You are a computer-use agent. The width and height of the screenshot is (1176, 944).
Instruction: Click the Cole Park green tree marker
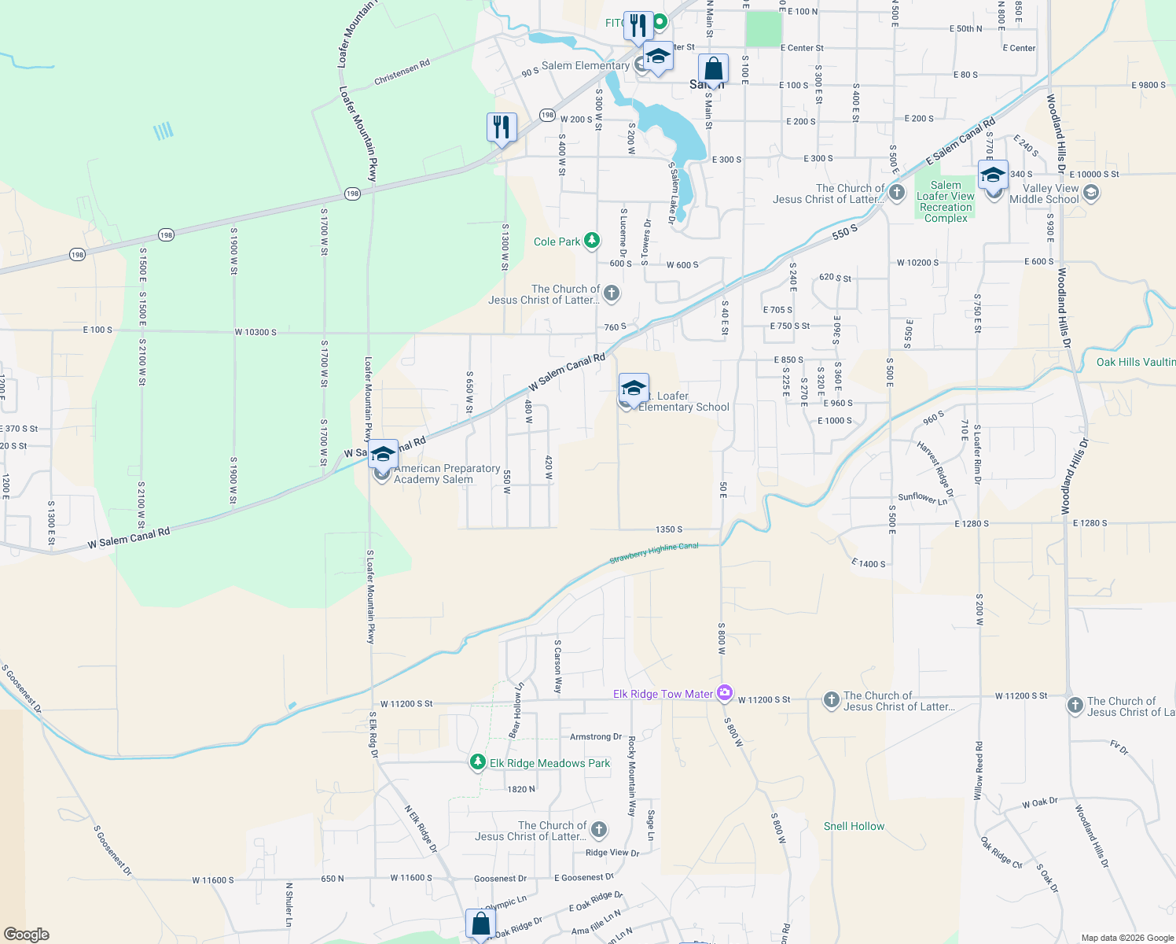[592, 241]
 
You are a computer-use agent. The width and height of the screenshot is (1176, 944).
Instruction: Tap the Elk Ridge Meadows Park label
[549, 763]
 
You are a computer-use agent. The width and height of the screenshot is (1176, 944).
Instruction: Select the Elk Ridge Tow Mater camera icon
[724, 693]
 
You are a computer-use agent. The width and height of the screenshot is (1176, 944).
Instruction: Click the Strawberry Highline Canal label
[654, 553]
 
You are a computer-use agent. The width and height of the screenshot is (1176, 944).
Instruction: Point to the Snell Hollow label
[854, 826]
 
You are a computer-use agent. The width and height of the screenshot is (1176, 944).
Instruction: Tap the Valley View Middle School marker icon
[1090, 192]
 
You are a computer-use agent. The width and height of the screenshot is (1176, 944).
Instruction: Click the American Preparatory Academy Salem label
[447, 474]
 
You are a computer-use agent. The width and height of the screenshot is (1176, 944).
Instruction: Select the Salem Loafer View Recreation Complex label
[946, 202]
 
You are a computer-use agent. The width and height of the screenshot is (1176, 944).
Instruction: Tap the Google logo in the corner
[26, 935]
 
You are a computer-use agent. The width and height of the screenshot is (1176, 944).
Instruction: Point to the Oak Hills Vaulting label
[1135, 362]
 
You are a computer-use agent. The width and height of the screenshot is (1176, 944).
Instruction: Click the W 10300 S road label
[255, 332]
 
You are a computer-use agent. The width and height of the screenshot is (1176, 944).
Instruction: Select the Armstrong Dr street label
[596, 737]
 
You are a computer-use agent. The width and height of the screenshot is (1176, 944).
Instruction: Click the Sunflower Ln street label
[923, 499]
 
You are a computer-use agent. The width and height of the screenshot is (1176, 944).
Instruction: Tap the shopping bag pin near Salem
[713, 70]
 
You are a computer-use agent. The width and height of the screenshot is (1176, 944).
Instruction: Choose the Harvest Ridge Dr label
[935, 470]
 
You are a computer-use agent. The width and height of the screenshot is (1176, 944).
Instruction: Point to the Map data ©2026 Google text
[1127, 938]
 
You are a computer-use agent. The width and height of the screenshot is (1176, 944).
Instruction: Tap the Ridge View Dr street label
[612, 853]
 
